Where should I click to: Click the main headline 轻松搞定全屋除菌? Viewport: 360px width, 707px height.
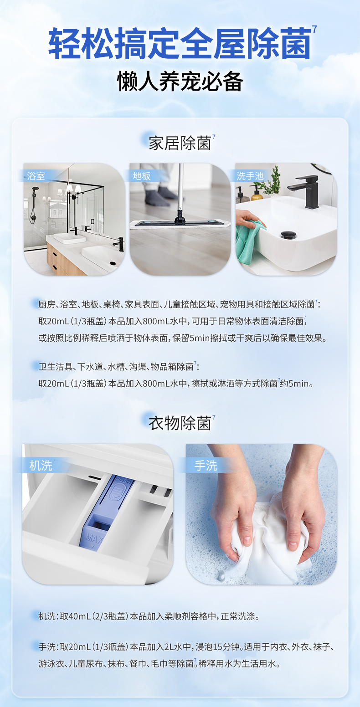pos(180,44)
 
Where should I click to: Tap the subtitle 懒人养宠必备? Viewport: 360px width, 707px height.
pos(180,82)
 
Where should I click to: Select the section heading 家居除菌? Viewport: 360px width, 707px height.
pos(180,143)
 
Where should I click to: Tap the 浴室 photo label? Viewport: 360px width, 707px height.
pos(36,176)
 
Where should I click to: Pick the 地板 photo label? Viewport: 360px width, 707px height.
pos(141,176)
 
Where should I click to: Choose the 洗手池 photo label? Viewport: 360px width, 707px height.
pos(250,176)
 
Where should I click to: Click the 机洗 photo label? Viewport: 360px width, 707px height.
pos(41,466)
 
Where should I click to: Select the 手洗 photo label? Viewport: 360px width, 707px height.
pos(206,466)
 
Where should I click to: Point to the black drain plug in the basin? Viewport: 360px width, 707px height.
pos(288,235)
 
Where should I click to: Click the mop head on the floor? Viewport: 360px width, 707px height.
pos(180,224)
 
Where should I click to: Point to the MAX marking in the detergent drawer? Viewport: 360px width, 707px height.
pos(93,538)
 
